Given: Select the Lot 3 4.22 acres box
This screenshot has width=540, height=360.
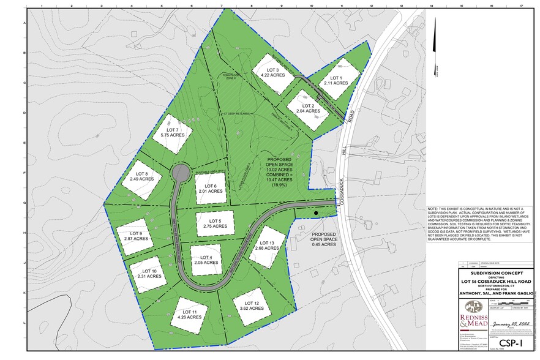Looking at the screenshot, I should [269, 73].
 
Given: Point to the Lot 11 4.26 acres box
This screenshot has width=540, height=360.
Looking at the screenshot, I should [189, 315].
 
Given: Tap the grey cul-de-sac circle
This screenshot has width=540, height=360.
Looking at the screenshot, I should [181, 173].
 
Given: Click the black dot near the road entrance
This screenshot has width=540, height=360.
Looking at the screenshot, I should [316, 213].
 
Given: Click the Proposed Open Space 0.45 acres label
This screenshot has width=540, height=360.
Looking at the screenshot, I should [323, 239].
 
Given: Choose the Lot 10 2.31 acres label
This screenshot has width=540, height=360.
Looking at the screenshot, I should [149, 274].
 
